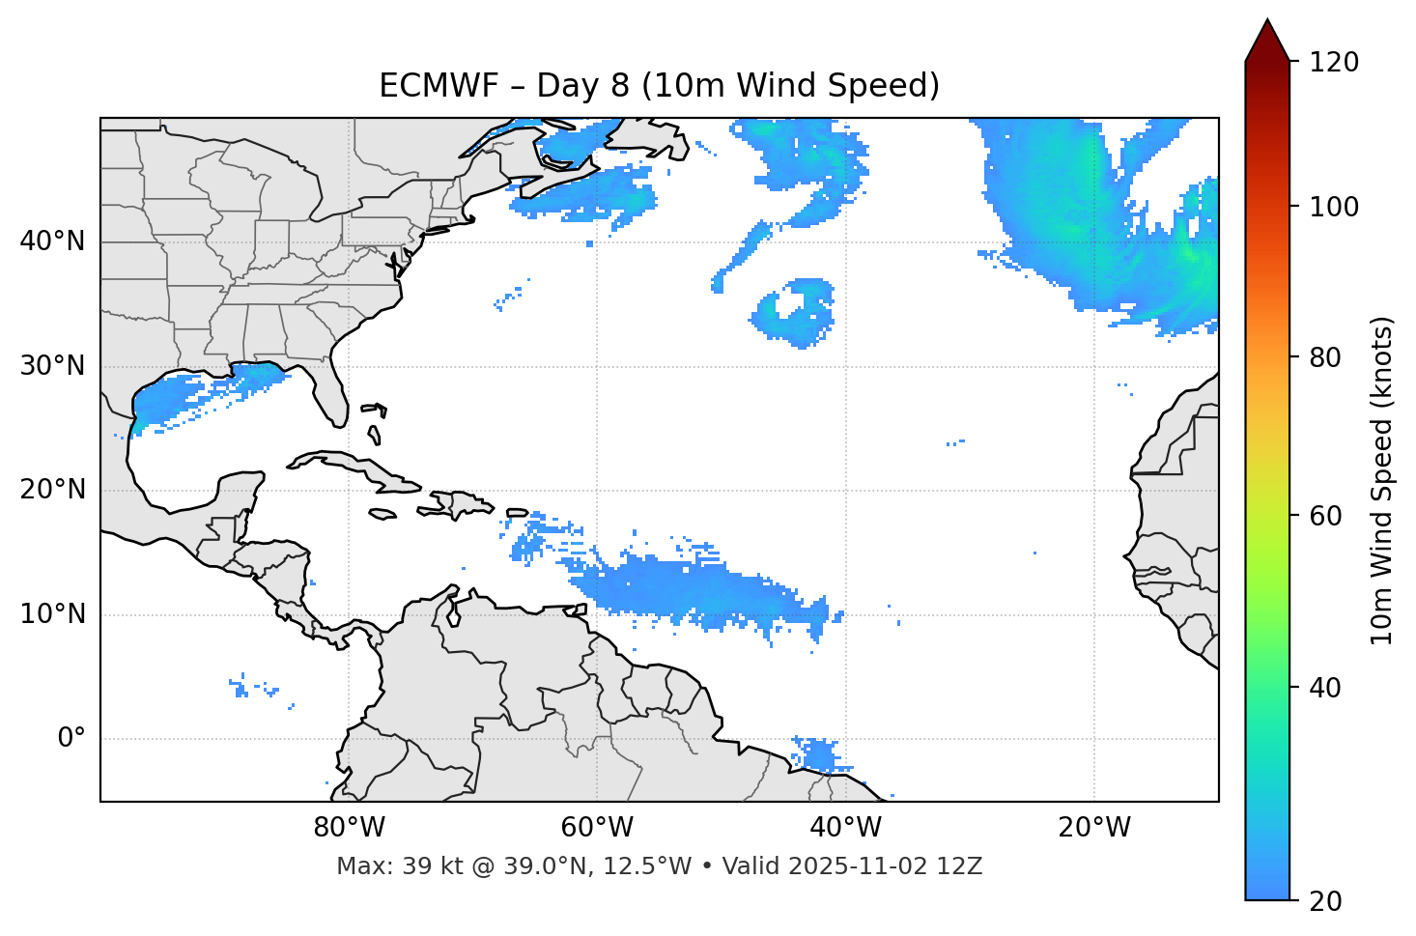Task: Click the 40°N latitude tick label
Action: pos(52,241)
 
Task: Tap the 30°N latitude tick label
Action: pos(52,366)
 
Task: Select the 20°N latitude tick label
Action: pos(52,490)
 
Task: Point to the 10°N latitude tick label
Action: pos(52,614)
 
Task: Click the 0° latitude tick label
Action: pos(71,739)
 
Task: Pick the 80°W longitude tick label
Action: pos(349,828)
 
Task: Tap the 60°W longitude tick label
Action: pos(597,828)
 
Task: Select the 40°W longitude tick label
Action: pos(845,828)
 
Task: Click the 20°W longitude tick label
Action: pos(1094,828)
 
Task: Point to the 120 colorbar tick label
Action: pos(1334,62)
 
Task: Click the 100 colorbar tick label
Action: pos(1334,207)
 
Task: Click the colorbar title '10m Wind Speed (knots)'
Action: pos(1382,480)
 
